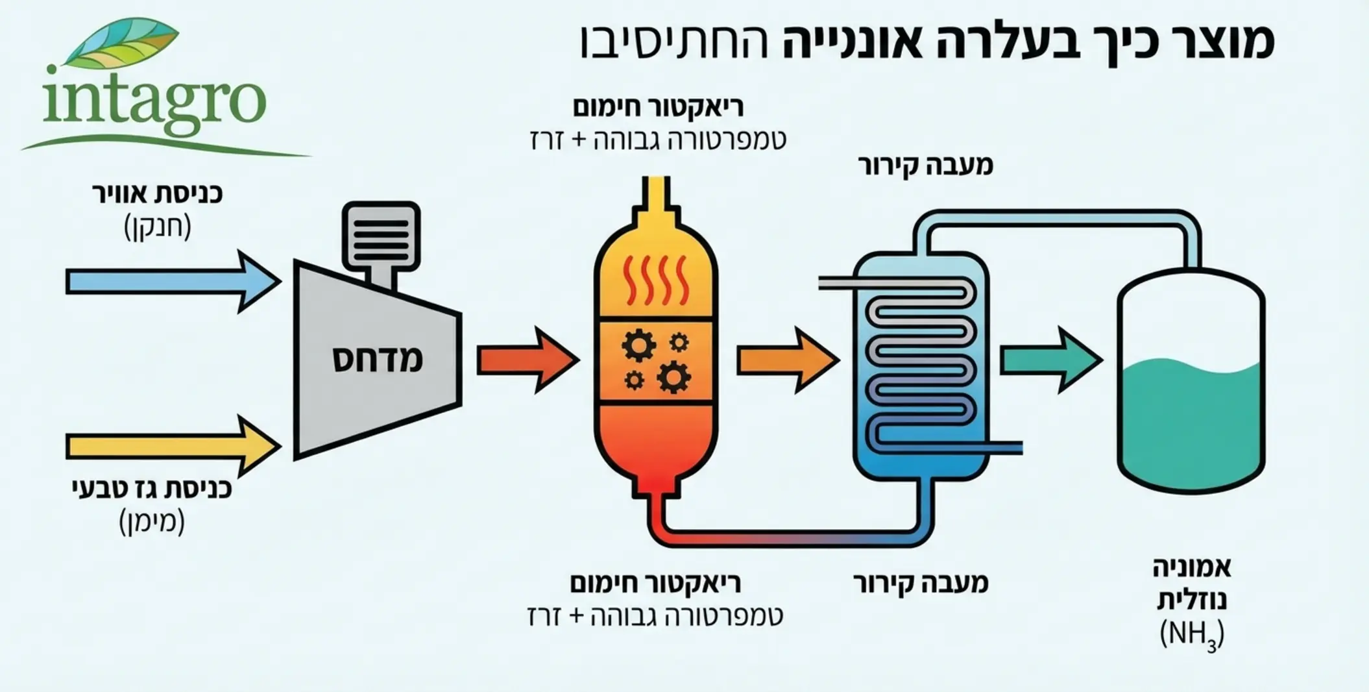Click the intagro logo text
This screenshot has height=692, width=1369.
(156, 101)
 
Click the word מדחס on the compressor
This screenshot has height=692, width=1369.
(378, 360)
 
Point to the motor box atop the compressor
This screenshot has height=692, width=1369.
(381, 236)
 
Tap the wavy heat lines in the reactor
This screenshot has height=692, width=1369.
(655, 280)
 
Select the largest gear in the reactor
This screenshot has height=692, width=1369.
(673, 377)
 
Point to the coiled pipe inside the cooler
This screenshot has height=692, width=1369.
(921, 364)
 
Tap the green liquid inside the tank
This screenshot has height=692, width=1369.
(1191, 422)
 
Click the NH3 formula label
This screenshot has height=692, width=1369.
(1191, 635)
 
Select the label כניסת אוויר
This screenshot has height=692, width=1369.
(157, 193)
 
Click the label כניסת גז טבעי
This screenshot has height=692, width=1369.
(152, 488)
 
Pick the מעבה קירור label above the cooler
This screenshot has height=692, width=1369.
(925, 166)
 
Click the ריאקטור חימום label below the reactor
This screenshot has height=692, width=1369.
(655, 583)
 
